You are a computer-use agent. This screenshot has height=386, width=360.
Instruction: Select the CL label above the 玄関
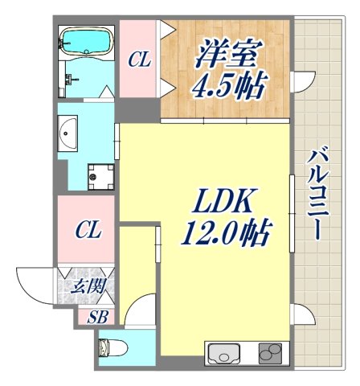pyautogui.click(x=88, y=232)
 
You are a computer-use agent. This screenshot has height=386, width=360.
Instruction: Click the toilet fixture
pyautogui.click(x=105, y=348)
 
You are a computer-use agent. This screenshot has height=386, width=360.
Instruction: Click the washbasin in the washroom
pyautogui.click(x=68, y=128)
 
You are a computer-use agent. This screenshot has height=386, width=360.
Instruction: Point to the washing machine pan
pyautogui.click(x=100, y=173)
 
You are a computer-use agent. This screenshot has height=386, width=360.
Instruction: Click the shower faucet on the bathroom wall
pyautogui.click(x=72, y=80)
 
